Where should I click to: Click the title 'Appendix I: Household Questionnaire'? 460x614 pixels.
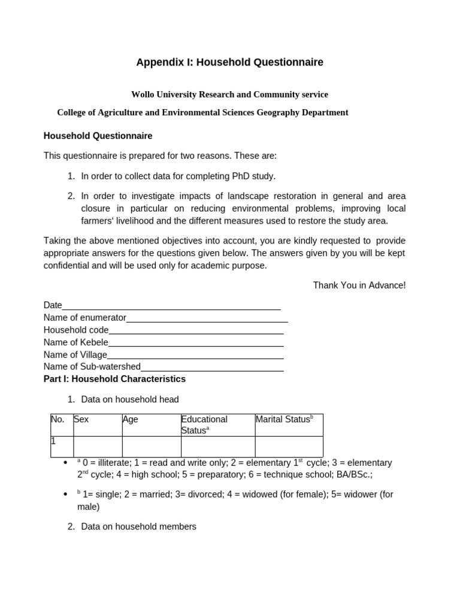tap(229, 62)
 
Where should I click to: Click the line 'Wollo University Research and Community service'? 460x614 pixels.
tap(229, 95)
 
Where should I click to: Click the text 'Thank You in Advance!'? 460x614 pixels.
tap(359, 285)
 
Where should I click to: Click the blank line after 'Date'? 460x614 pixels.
tap(171, 306)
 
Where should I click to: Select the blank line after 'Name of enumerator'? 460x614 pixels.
tap(207, 318)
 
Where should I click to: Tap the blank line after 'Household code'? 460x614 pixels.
tap(196, 330)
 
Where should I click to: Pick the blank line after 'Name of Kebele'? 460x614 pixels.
tap(196, 343)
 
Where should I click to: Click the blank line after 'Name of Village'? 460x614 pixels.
tap(195, 355)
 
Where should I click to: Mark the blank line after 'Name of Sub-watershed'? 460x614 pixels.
tap(212, 368)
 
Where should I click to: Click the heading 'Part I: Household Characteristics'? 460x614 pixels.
tap(114, 380)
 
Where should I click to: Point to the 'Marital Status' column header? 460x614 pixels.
tap(284, 420)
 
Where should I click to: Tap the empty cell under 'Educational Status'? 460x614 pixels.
tap(217, 447)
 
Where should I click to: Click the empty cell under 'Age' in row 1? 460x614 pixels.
tap(151, 447)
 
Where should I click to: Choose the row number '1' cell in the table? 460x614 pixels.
tap(61, 447)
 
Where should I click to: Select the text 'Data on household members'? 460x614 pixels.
tap(138, 527)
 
